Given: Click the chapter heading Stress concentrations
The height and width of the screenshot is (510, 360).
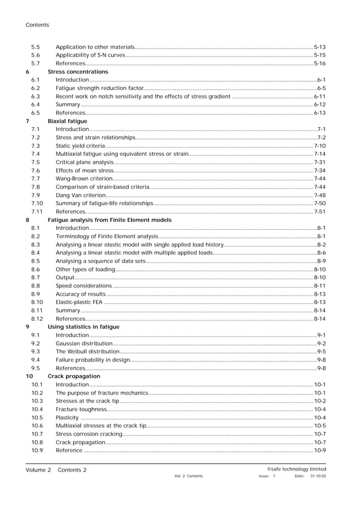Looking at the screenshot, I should point(78,72).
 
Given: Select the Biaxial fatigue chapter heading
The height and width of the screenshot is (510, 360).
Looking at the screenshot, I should point(68,121).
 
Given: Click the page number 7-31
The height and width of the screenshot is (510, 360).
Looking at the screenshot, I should point(319,162).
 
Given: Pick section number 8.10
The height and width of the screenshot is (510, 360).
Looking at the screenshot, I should point(37,302).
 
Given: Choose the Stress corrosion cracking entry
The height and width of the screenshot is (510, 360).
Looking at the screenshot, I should point(89,434).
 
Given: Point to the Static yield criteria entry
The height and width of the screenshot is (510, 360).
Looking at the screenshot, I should point(80,146).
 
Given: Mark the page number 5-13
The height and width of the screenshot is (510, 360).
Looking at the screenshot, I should point(319,47).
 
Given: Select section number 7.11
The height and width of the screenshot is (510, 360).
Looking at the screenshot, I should point(37,212).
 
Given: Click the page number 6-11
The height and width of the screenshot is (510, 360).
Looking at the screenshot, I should point(319,97).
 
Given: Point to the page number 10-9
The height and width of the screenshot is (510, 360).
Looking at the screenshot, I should point(319,450).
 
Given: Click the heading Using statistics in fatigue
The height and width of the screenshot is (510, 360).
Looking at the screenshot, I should point(84,326).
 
